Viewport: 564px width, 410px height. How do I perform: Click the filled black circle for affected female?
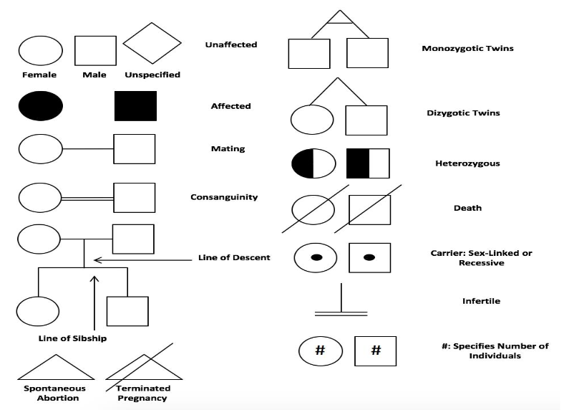click(x=40, y=106)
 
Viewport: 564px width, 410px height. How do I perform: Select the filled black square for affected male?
click(x=135, y=106)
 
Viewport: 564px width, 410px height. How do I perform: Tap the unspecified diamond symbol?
click(x=152, y=43)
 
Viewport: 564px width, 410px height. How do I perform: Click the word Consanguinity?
click(x=223, y=197)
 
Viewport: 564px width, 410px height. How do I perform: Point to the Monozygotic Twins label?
click(x=467, y=49)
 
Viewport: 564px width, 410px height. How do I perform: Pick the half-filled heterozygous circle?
click(x=312, y=163)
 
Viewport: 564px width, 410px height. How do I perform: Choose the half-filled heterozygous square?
click(x=367, y=163)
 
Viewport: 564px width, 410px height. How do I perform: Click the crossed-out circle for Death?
click(x=313, y=209)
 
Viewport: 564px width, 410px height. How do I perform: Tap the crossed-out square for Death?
click(x=369, y=209)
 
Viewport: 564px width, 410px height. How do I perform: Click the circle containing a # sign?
click(x=320, y=351)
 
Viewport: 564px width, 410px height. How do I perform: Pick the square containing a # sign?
click(x=375, y=351)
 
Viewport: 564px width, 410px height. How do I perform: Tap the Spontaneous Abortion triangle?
click(x=57, y=368)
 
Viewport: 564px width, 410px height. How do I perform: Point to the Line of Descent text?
click(x=234, y=257)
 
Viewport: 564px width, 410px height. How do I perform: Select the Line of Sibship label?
click(x=72, y=338)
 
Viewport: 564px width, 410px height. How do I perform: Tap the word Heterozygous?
click(x=467, y=163)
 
